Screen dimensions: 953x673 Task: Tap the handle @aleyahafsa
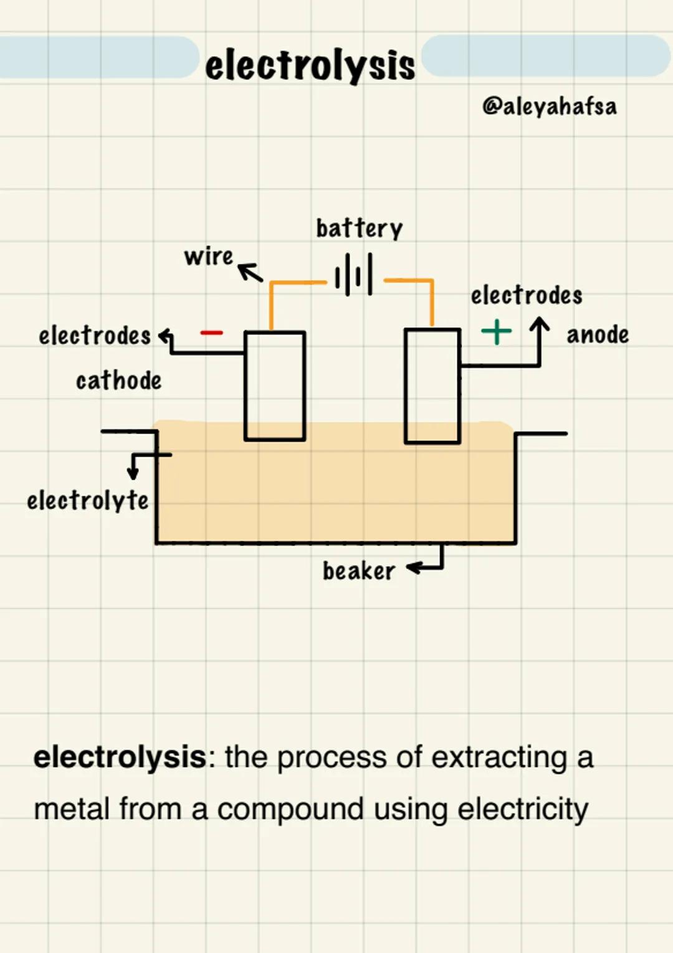point(549,107)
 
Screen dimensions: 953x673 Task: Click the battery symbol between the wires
point(354,274)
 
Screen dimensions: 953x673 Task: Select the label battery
point(359,228)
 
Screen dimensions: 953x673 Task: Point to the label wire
point(208,256)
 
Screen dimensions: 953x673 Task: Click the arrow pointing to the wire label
point(251,272)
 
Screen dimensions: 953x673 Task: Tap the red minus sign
point(211,333)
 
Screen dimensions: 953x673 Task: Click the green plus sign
point(497,331)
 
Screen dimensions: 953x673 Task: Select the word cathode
point(118,380)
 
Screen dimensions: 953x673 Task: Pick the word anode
point(597,334)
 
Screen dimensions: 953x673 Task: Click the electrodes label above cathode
point(94,335)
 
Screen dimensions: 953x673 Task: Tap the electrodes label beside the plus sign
point(526,295)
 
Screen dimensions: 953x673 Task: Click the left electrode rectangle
point(274,386)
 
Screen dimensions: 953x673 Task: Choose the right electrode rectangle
point(432,386)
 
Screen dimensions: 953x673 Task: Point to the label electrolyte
point(87,500)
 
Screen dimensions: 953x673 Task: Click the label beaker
point(358,571)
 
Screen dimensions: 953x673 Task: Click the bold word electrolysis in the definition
point(120,757)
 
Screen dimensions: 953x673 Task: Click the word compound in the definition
point(290,809)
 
